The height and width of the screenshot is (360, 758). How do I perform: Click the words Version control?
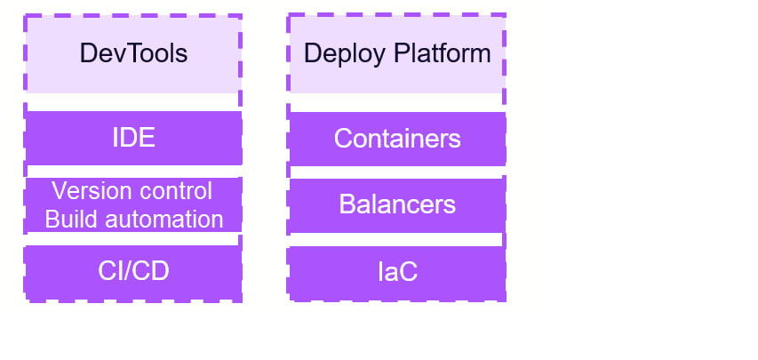click(132, 191)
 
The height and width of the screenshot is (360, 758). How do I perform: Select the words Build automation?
click(133, 219)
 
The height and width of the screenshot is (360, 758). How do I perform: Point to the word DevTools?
click(133, 53)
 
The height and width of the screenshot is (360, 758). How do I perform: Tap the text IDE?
click(133, 139)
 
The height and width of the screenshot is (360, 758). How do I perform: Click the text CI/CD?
click(133, 272)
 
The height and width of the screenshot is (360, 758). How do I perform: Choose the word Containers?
click(397, 139)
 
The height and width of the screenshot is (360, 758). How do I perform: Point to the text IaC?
click(397, 272)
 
